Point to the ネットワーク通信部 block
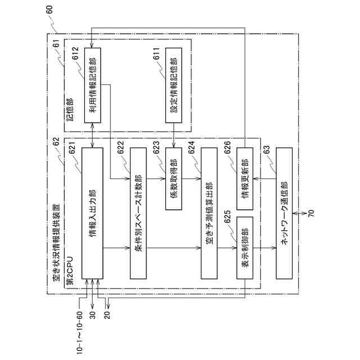(x=284, y=213)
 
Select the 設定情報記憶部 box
(x=173, y=84)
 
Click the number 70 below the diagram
(x=312, y=214)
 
